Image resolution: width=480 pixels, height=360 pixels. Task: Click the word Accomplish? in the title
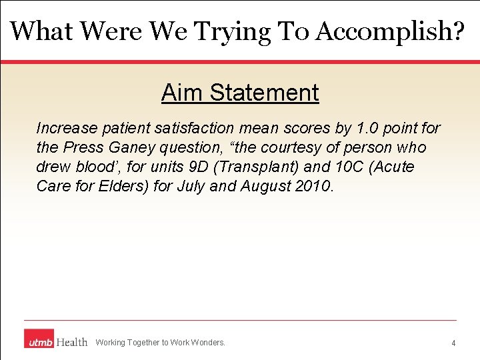point(390,31)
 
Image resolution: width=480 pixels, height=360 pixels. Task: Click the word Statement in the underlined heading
point(265,93)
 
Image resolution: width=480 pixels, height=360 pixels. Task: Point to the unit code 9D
point(193,167)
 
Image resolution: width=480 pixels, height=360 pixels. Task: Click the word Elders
point(118,186)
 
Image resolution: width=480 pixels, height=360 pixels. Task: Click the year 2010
point(312,186)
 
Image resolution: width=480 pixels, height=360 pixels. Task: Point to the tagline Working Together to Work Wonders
point(161,343)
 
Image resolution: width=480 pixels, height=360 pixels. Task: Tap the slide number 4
point(453,343)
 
